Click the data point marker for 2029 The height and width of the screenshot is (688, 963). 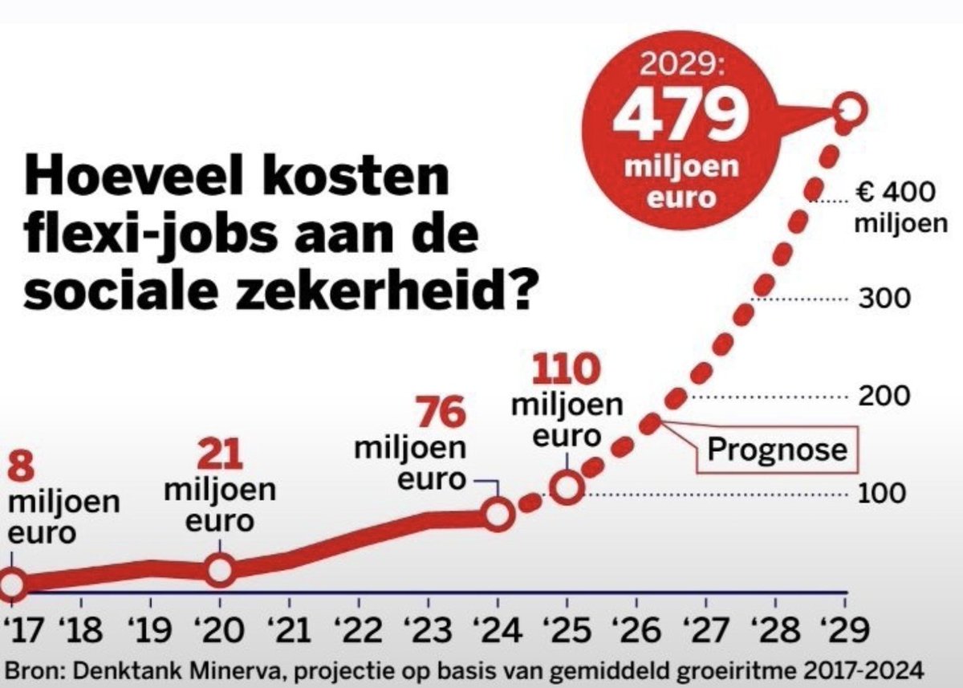click(x=850, y=110)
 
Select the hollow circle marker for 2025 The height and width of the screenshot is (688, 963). click(x=567, y=486)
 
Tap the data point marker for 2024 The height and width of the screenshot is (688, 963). click(x=498, y=514)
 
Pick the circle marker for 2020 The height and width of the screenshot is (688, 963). click(x=220, y=570)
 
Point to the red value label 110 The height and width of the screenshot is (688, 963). click(x=567, y=370)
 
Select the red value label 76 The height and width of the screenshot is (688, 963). click(x=441, y=413)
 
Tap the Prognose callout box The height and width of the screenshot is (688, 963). click(x=777, y=450)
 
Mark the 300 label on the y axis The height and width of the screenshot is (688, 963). click(x=884, y=299)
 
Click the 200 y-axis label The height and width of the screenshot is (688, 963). click(x=884, y=396)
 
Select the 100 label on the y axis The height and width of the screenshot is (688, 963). click(x=884, y=493)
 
